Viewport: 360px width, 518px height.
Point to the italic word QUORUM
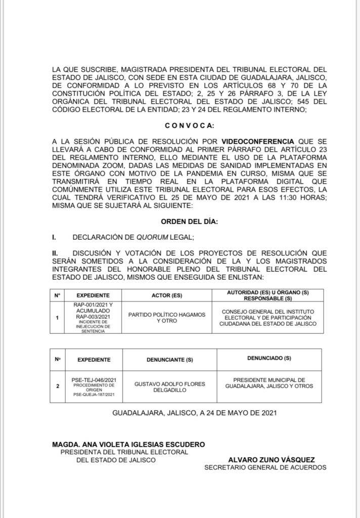[x=156, y=237]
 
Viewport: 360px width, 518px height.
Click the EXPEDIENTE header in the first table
[x=93, y=295]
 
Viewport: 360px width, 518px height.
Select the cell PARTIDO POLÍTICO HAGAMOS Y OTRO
[x=166, y=318]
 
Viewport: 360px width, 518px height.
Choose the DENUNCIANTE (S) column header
[x=170, y=360]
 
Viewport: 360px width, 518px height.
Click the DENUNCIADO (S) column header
[x=269, y=358]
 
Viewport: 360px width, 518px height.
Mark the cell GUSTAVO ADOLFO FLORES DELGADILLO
[x=170, y=387]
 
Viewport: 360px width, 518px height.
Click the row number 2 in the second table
[x=58, y=386]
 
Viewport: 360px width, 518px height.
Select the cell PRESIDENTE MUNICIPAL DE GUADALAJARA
[x=269, y=383]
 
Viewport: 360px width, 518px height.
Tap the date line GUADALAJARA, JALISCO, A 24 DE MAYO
[x=194, y=413]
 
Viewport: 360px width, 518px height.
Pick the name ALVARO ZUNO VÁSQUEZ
[x=272, y=460]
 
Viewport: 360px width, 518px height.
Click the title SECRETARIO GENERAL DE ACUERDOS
[x=265, y=467]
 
